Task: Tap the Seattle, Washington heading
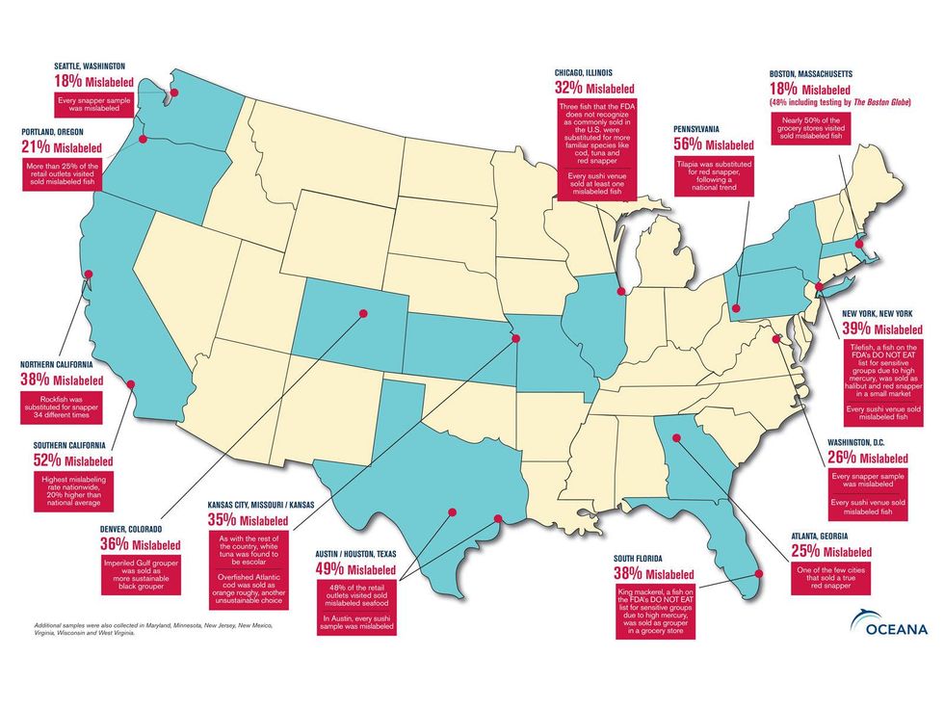tap(89, 66)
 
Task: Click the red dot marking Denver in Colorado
tap(364, 313)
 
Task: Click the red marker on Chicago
tap(620, 291)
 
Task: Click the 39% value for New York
tap(883, 328)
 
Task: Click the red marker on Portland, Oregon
tap(143, 140)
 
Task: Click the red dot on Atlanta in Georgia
tap(674, 442)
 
